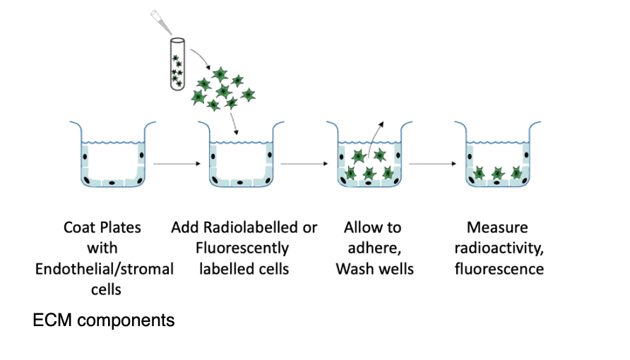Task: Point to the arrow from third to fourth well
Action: pos(432,164)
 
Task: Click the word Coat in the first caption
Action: pos(79,228)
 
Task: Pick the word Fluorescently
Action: pos(244,248)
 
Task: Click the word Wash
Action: pos(354,269)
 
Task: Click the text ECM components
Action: pos(104,320)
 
